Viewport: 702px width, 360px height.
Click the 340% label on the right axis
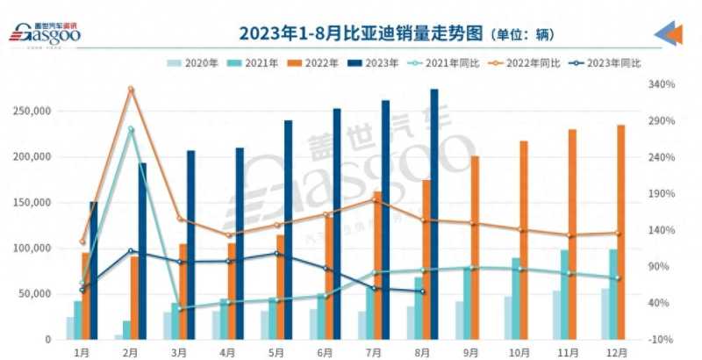(661, 84)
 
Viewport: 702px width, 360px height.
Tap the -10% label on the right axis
(661, 339)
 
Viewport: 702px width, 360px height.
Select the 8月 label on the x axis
(422, 352)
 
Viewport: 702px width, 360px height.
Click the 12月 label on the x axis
(617, 352)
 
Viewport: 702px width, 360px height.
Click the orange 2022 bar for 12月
(620, 232)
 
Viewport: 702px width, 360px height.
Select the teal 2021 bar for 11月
(563, 294)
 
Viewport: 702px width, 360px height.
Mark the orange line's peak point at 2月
(131, 89)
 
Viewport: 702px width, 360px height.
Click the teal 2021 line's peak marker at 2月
(131, 129)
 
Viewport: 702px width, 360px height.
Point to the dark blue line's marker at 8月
(423, 292)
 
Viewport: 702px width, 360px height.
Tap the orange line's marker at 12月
(617, 233)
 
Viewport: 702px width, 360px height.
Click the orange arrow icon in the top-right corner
(671, 33)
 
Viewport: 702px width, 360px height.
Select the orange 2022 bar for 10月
(524, 240)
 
